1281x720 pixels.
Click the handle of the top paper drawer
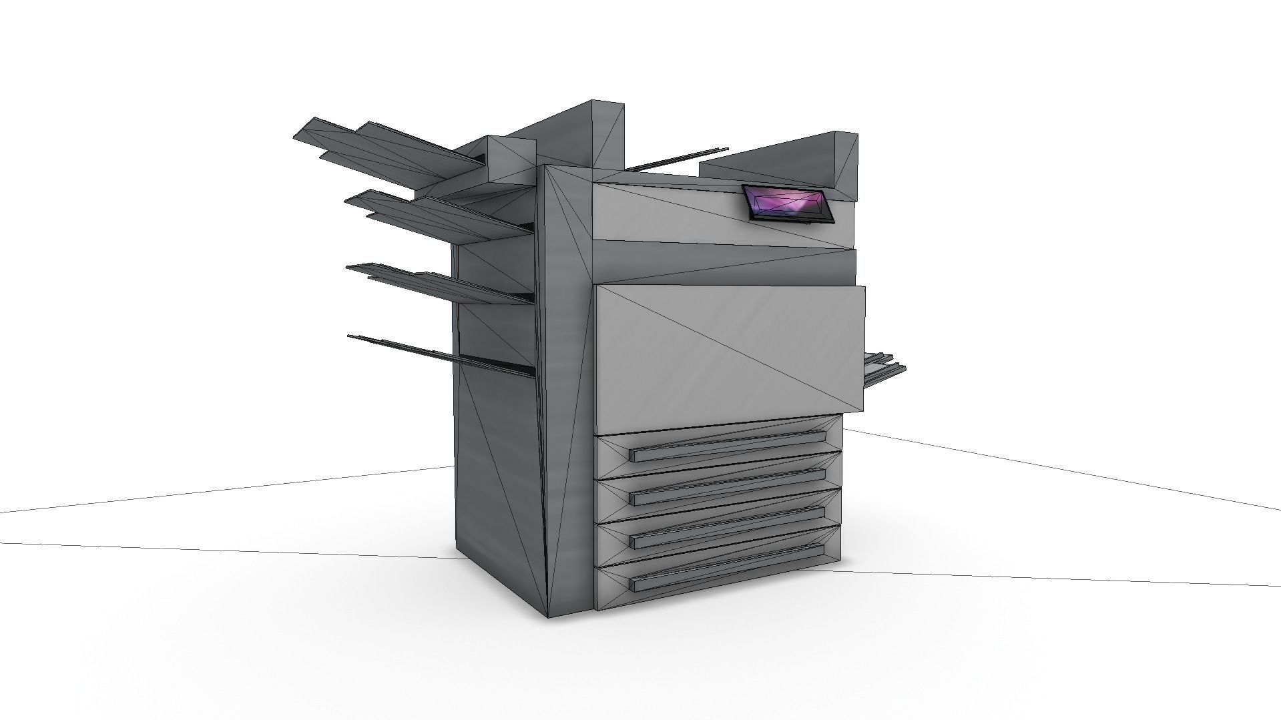click(x=728, y=445)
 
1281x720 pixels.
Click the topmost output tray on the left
click(x=387, y=150)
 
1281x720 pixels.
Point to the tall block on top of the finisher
click(x=594, y=133)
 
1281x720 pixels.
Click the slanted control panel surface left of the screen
click(x=668, y=214)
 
